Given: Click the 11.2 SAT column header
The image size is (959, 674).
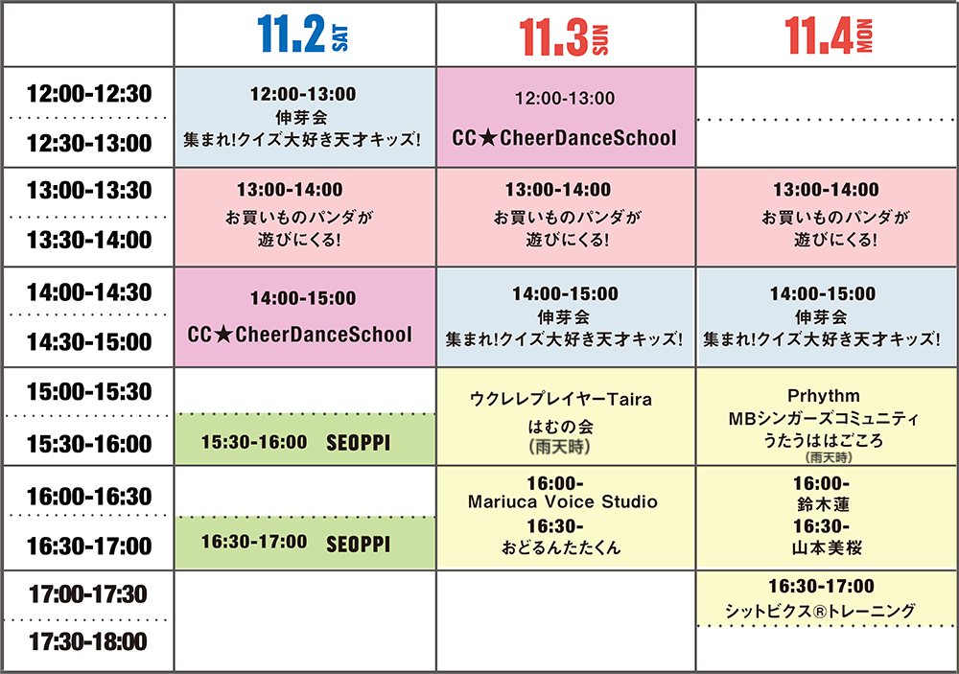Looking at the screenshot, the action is tap(303, 35).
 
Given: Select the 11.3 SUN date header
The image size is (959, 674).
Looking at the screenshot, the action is tap(564, 36).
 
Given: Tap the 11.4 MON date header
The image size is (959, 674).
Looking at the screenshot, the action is tap(829, 35).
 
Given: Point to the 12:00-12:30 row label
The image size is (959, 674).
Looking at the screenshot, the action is tap(89, 94).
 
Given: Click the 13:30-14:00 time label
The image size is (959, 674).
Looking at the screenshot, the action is tap(89, 240).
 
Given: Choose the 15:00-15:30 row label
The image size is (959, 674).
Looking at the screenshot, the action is tap(89, 391).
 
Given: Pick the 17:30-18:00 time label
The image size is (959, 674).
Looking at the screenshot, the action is tap(88, 641).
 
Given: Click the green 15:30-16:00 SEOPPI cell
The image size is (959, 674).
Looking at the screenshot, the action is tap(305, 439).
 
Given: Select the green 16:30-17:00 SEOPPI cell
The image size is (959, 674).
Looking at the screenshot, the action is tap(305, 543).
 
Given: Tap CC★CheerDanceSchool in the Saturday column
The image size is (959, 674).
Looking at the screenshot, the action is tap(299, 335).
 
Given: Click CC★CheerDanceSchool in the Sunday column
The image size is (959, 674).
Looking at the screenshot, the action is tap(565, 138).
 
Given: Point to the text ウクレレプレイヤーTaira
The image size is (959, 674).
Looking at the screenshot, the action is tap(561, 400).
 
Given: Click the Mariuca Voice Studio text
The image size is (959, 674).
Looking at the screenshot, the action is tap(563, 502).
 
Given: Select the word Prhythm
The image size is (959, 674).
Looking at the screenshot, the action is tap(824, 396).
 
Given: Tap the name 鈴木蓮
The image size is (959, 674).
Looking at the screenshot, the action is tap(823, 504).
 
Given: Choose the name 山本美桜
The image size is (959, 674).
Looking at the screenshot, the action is tap(827, 547).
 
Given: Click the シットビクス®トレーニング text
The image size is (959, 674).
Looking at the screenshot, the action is tap(820, 611).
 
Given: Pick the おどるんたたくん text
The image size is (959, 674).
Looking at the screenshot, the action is tap(561, 547).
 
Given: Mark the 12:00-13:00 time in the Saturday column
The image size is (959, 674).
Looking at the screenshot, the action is tap(303, 94).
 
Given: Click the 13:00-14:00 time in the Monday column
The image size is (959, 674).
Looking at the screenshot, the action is tap(826, 190).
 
